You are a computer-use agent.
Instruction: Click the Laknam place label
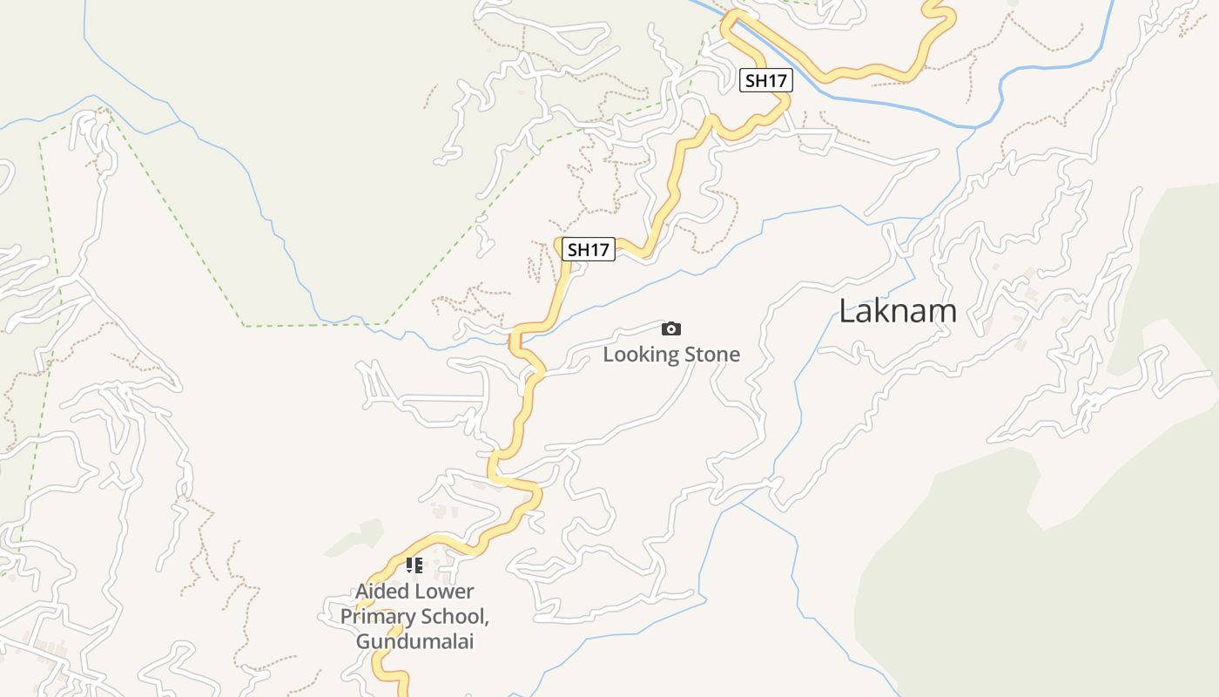(x=898, y=311)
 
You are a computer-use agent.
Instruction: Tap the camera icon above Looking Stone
(x=670, y=328)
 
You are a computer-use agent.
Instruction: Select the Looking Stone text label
(x=671, y=355)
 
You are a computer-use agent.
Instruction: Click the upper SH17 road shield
(x=767, y=81)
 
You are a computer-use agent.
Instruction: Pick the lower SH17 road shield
(x=589, y=250)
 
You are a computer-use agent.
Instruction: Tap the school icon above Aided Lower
(x=414, y=565)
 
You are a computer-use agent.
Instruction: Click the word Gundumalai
(x=414, y=642)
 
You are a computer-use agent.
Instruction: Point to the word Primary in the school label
(x=377, y=617)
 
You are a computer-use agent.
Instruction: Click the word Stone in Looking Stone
(x=712, y=355)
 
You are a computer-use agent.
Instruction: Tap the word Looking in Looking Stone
(x=641, y=355)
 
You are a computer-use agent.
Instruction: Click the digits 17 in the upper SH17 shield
(x=777, y=81)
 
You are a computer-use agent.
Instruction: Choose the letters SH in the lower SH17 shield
(x=579, y=250)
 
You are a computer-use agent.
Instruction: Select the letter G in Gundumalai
(x=363, y=642)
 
